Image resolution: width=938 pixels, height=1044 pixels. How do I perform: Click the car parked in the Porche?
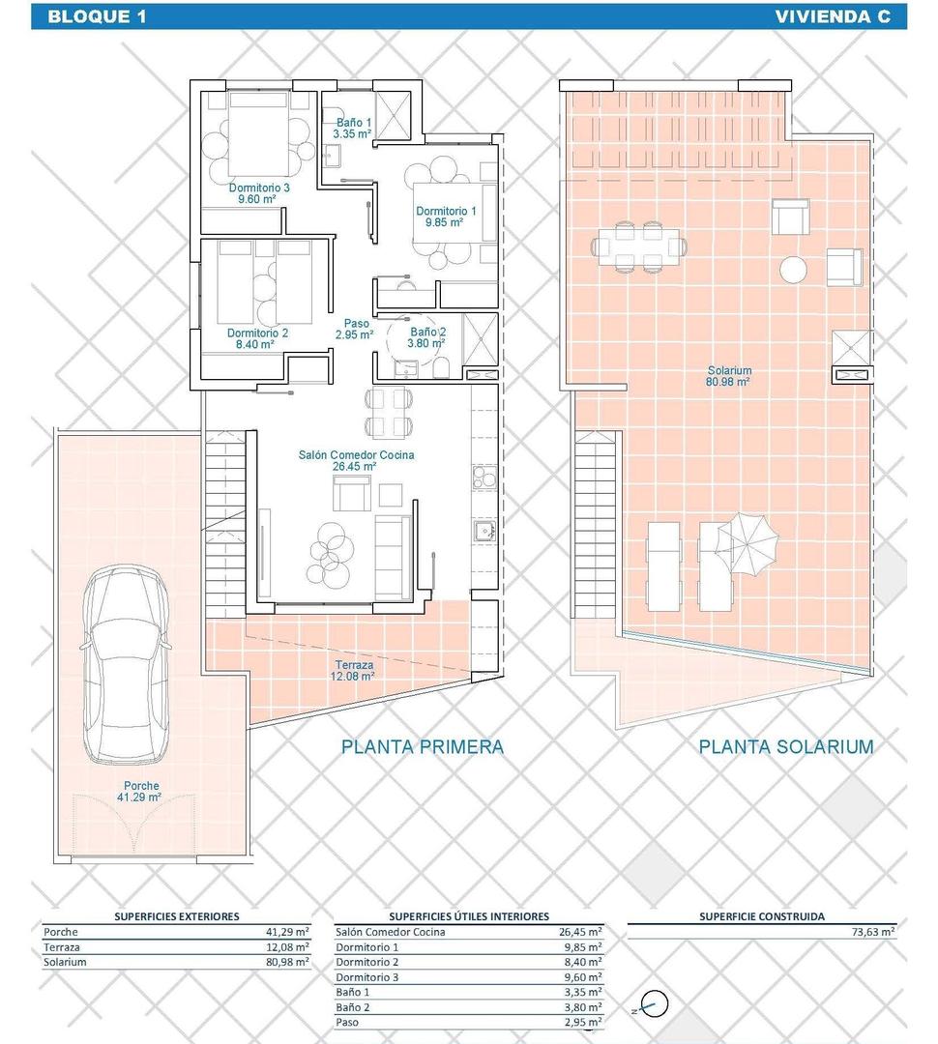click(x=127, y=667)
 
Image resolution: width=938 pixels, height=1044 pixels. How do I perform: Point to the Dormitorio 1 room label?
click(x=446, y=216)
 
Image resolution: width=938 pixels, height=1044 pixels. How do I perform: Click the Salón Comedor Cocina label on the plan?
click(x=355, y=459)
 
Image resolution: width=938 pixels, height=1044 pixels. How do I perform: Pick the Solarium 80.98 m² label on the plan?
click(x=729, y=375)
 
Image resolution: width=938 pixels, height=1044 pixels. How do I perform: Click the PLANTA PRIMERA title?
click(x=423, y=746)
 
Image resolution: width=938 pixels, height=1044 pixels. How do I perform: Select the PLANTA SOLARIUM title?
click(x=786, y=746)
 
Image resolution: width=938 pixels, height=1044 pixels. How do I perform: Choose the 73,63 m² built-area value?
click(x=873, y=932)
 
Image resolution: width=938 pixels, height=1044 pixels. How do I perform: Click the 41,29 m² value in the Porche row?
click(x=287, y=932)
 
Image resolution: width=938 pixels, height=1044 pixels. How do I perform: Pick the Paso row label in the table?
click(x=348, y=1022)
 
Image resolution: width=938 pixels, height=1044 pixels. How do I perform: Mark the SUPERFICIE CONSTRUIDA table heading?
click(x=762, y=915)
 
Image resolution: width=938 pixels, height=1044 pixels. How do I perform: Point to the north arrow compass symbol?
click(x=655, y=1005)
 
